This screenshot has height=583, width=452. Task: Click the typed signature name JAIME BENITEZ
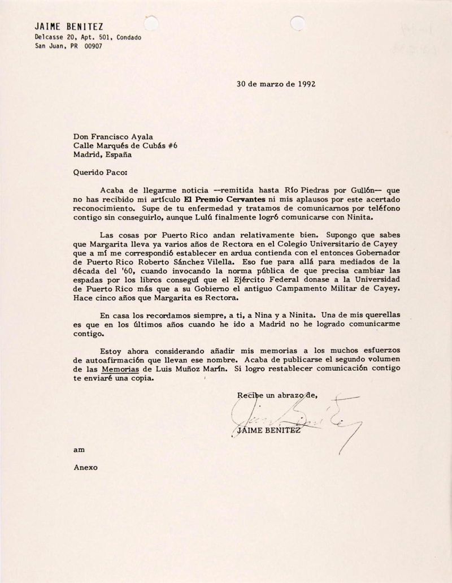point(268,433)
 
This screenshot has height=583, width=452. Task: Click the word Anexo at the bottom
point(86,468)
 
